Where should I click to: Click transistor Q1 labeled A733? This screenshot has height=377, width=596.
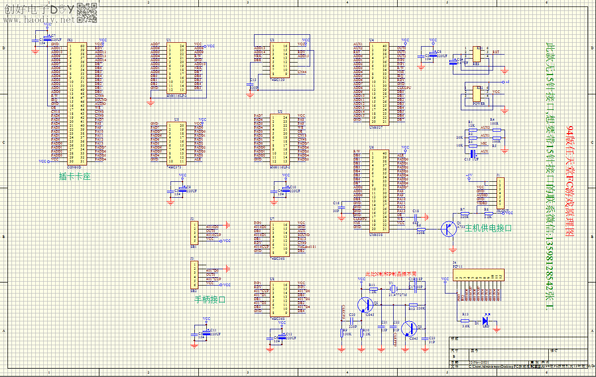click(x=450, y=228)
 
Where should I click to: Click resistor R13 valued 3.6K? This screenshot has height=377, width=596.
click(x=465, y=320)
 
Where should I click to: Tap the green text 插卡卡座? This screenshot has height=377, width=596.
click(x=75, y=176)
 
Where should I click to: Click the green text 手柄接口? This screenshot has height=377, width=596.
click(x=210, y=300)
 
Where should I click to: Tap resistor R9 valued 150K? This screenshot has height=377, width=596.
click(x=344, y=333)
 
